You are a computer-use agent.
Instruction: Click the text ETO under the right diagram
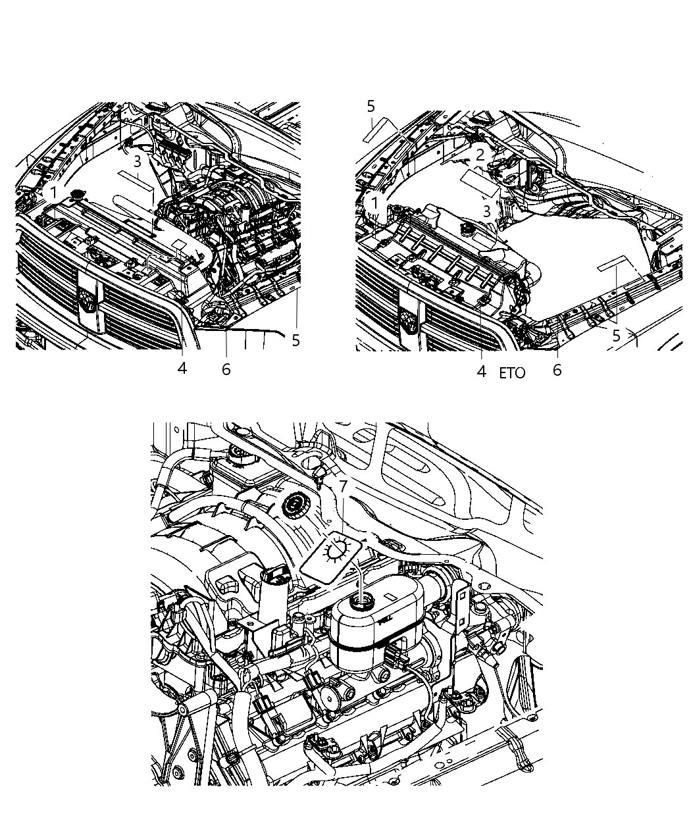pyautogui.click(x=512, y=373)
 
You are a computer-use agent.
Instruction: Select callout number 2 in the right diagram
pyautogui.click(x=480, y=155)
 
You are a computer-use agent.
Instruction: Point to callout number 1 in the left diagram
pyautogui.click(x=53, y=192)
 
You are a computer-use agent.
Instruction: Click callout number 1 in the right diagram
pyautogui.click(x=374, y=203)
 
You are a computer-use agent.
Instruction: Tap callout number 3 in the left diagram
pyautogui.click(x=137, y=161)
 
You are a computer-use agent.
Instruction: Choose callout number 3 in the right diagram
pyautogui.click(x=486, y=211)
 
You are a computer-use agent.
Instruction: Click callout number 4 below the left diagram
pyautogui.click(x=182, y=369)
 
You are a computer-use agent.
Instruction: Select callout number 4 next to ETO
pyautogui.click(x=481, y=372)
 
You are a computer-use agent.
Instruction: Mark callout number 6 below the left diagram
pyautogui.click(x=226, y=370)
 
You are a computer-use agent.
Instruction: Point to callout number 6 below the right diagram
pyautogui.click(x=557, y=370)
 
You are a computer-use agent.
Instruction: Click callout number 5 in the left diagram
pyautogui.click(x=295, y=340)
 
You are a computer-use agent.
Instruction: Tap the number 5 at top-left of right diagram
pyautogui.click(x=371, y=106)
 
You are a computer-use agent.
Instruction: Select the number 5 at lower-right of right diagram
pyautogui.click(x=616, y=336)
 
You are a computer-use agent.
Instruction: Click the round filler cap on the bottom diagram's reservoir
pyautogui.click(x=360, y=601)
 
